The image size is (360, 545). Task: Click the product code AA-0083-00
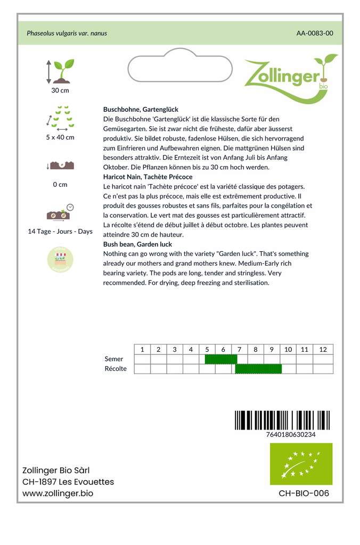point(315,33)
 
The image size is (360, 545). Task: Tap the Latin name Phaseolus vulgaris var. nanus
point(67,33)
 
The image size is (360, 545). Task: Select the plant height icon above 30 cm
point(60,71)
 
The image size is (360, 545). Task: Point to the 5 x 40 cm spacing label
point(60,137)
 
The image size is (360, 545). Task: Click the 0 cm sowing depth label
point(60,185)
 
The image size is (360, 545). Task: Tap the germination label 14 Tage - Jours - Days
point(60,232)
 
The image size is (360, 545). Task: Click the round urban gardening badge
point(60,259)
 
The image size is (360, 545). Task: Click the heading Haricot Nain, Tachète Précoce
point(148,177)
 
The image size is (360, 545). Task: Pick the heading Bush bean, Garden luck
point(137,244)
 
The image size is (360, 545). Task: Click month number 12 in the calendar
point(323,350)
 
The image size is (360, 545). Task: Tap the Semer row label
point(114,359)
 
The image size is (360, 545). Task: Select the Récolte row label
point(116,369)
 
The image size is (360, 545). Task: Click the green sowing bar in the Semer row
point(220,359)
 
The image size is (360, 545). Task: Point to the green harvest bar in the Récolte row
point(258,369)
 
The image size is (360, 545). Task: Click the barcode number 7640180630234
point(290,434)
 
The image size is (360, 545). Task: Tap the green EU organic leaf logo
point(301,464)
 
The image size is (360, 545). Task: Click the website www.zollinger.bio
point(58,493)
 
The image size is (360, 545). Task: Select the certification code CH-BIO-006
point(304,493)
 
